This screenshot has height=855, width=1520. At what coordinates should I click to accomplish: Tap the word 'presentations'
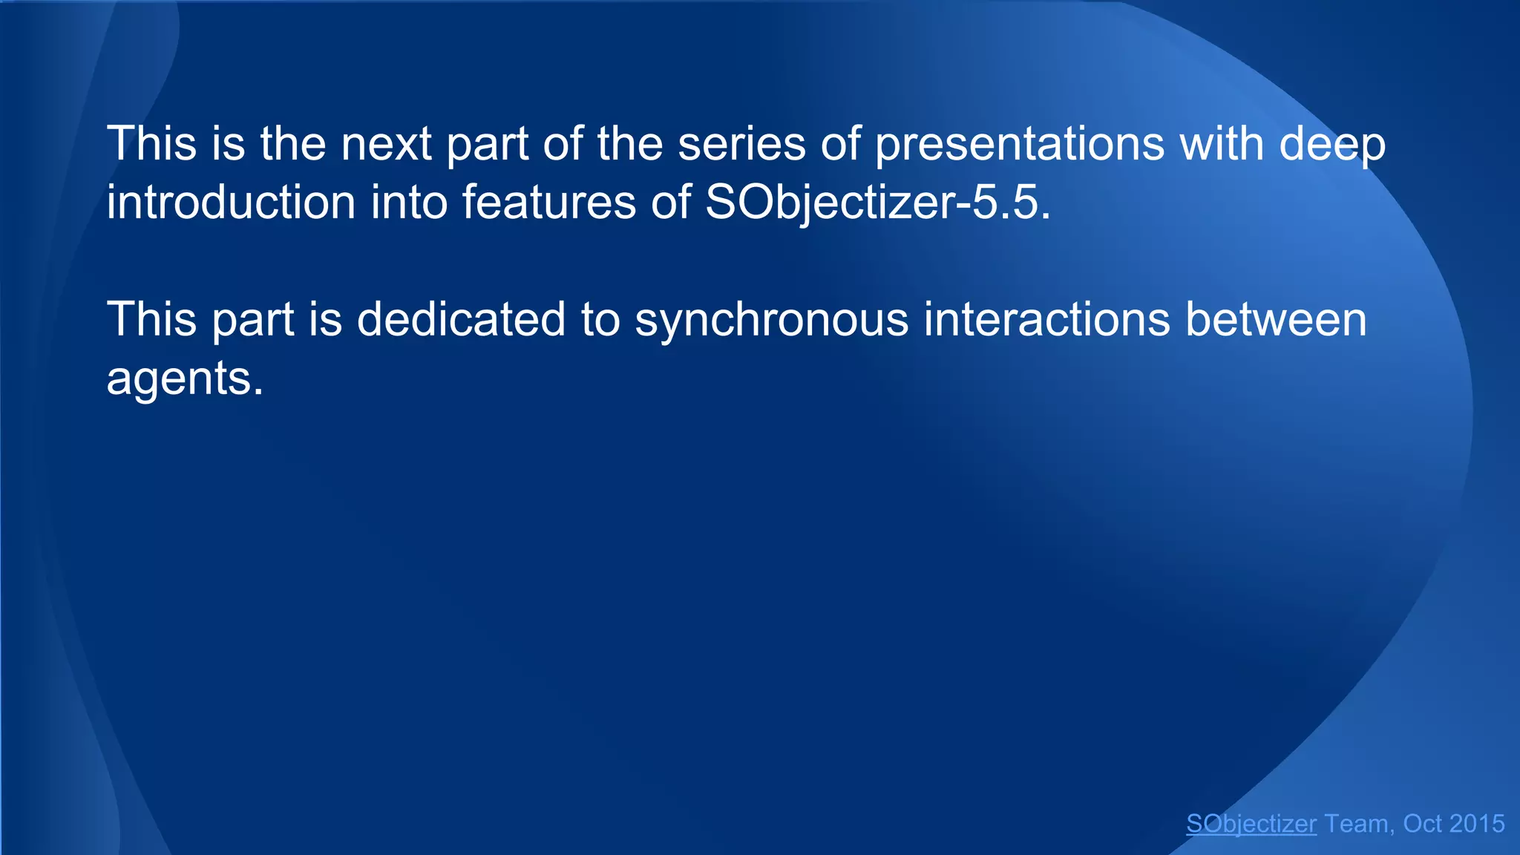coord(1020,144)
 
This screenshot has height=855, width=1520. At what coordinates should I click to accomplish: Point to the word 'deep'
coord(1332,144)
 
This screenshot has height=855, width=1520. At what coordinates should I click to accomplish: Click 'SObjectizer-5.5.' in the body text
coord(878,203)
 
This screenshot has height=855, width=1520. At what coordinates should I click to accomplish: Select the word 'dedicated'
coord(461,320)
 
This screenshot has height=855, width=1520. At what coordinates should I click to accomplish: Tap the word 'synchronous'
coord(772,320)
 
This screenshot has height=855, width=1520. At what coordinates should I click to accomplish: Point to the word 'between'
coord(1276,320)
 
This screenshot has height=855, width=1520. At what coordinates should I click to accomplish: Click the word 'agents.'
coord(185,379)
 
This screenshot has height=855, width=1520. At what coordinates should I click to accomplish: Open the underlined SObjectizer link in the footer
coord(1251,824)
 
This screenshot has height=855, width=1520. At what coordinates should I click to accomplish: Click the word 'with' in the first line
coord(1222,144)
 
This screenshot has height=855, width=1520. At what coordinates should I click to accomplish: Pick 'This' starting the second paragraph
coord(151,320)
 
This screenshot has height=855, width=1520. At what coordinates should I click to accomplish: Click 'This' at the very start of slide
coord(151,144)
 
